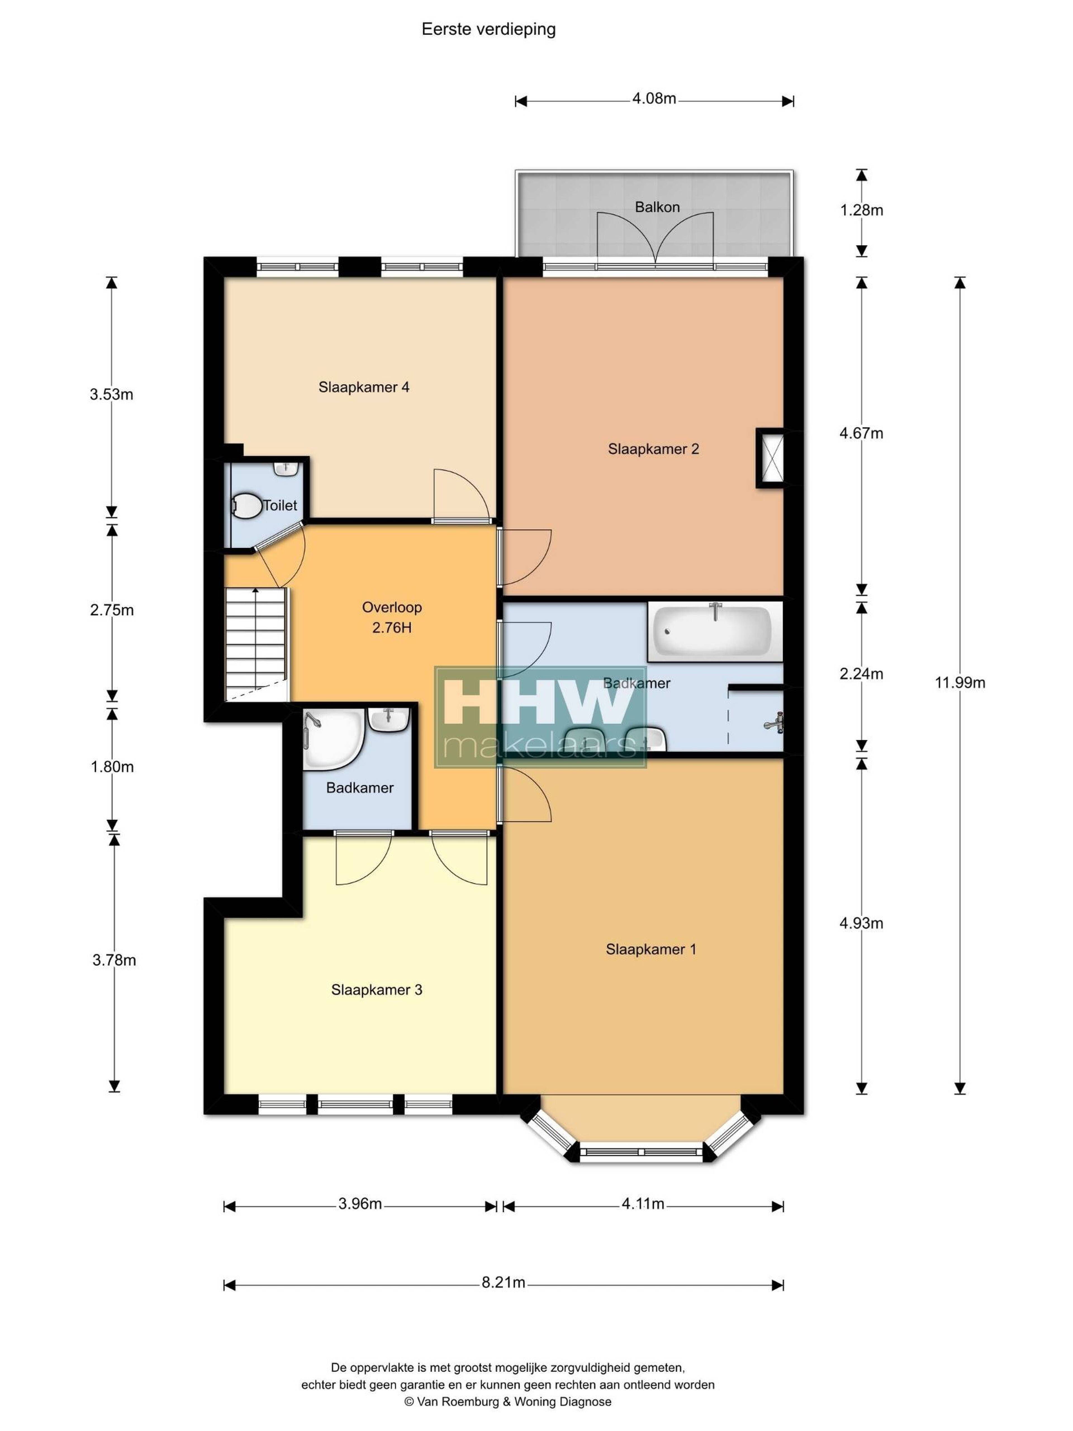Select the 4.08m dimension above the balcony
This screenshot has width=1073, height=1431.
pos(654,99)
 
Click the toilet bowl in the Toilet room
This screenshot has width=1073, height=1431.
pos(246,506)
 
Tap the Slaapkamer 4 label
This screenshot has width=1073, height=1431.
pos(364,387)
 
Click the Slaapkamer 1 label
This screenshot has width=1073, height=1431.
pos(651,949)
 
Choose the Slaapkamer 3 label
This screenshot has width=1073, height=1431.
pos(376,990)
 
